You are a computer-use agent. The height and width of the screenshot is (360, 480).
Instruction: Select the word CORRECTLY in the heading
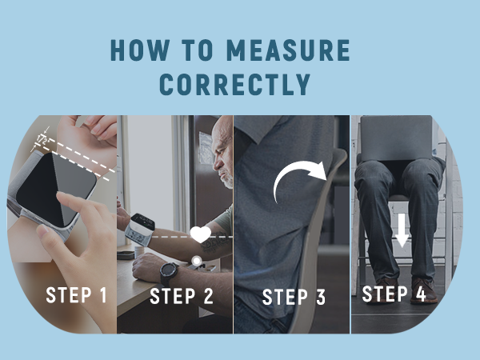pos(234,83)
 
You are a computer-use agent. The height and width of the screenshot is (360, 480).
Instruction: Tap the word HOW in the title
pos(138,50)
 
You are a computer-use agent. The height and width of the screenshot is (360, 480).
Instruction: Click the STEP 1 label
pos(76,294)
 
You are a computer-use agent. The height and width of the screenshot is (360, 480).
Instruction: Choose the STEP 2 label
pos(182,296)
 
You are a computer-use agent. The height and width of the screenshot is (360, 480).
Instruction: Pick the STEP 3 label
pos(294,298)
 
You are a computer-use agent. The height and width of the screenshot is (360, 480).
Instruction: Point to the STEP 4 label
pos(394,294)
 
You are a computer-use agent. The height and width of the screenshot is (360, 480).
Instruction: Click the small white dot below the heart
pos(197,261)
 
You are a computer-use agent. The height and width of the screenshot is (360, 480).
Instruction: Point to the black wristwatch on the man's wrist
pos(168,270)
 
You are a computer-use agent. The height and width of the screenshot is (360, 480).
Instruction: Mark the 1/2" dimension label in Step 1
pos(43,142)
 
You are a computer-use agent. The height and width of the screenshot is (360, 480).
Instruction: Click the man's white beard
pos(226,178)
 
